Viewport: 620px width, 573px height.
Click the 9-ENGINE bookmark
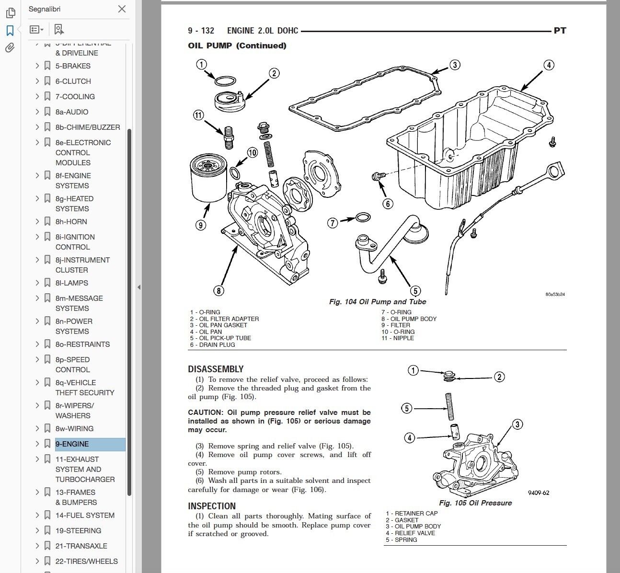click(x=72, y=444)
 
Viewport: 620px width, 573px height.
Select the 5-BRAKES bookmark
click(x=73, y=66)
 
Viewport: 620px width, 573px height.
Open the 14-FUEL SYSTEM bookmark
click(x=85, y=516)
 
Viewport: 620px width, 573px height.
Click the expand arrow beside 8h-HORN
click(x=37, y=221)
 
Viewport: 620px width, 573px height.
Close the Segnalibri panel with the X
click(x=122, y=9)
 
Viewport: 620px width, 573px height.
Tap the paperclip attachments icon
click(x=10, y=48)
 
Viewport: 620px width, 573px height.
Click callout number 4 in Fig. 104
click(x=549, y=65)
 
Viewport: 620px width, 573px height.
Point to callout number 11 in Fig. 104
click(x=198, y=115)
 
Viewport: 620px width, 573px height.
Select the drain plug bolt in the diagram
click(x=378, y=177)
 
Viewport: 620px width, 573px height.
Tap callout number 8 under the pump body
click(x=218, y=290)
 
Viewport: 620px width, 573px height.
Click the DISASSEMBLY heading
click(x=216, y=369)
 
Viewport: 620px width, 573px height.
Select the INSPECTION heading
click(x=212, y=506)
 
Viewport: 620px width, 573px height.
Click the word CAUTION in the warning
click(x=205, y=413)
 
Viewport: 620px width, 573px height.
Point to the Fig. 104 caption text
click(x=378, y=302)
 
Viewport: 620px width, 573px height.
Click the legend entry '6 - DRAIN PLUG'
click(x=212, y=344)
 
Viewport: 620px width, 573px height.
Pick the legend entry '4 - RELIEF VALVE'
click(x=410, y=533)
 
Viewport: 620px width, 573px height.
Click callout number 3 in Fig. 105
click(x=517, y=424)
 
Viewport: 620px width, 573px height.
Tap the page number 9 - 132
click(x=201, y=31)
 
